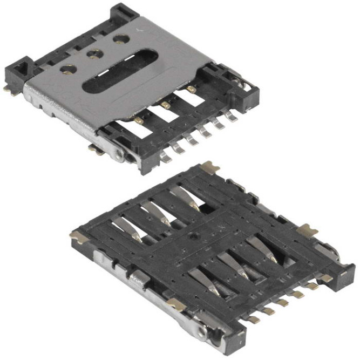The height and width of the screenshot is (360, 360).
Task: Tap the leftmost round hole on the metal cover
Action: (69, 69)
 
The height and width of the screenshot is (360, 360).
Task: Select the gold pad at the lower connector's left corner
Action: (77, 236)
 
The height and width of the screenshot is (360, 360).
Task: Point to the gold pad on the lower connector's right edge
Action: (307, 229)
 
